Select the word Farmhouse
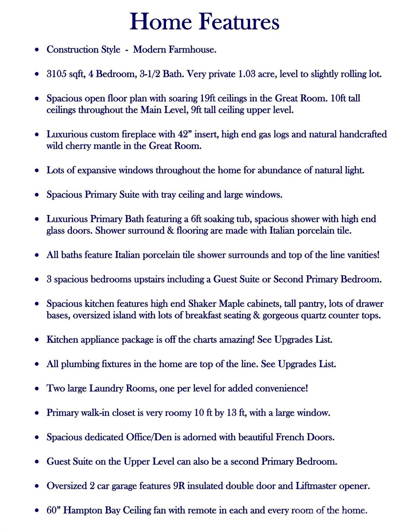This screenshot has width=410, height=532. click(x=192, y=50)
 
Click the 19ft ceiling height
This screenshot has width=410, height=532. click(x=208, y=98)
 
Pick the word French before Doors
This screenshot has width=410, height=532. click(x=290, y=437)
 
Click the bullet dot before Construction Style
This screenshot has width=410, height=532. click(x=37, y=50)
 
